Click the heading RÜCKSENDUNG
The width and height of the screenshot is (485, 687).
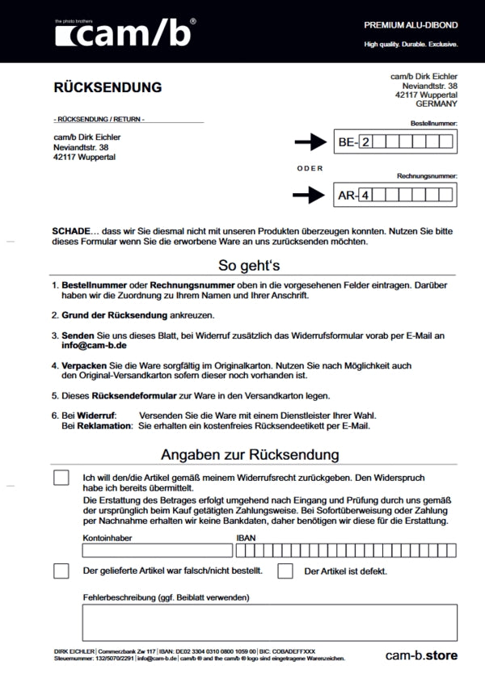(108, 87)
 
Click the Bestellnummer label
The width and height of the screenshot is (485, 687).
(434, 123)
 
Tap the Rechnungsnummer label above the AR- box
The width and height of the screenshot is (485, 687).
(427, 175)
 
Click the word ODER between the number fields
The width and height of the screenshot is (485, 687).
(310, 168)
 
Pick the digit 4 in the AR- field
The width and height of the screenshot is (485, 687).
(365, 195)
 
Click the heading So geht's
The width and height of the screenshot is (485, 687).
(249, 265)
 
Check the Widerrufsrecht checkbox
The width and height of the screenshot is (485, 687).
(61, 478)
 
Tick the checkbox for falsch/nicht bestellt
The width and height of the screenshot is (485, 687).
(61, 571)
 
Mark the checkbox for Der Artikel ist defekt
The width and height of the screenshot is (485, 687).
(285, 571)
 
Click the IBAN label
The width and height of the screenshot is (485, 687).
(245, 537)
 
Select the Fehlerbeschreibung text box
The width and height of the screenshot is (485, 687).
(269, 622)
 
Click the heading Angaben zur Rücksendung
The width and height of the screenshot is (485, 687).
(249, 455)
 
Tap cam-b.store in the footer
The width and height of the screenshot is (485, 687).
(421, 655)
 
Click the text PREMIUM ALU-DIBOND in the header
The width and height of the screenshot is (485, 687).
(411, 26)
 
